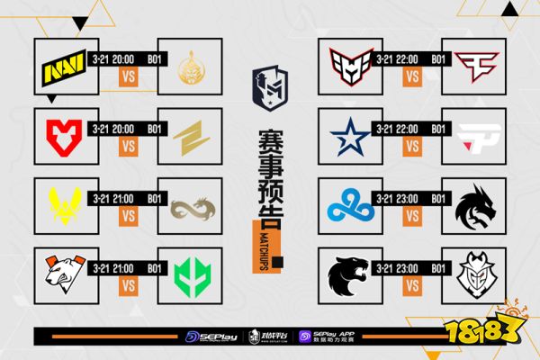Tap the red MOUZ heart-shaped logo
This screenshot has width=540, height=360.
[61, 134]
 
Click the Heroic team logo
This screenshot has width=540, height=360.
[348, 64]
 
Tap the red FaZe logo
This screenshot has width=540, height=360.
[478, 64]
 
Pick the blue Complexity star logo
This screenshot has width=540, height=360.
[348, 134]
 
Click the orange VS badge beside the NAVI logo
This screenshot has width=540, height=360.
[126, 77]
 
